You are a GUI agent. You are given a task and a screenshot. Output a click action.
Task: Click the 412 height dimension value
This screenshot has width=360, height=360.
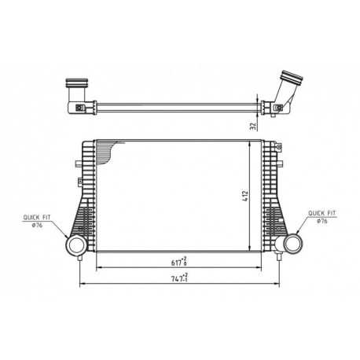(245, 196)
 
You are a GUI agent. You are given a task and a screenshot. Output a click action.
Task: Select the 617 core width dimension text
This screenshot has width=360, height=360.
(179, 262)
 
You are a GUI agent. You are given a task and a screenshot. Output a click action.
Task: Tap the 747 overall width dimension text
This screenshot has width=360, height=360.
(180, 277)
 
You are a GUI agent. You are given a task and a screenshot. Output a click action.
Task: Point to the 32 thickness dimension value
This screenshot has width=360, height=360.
(253, 126)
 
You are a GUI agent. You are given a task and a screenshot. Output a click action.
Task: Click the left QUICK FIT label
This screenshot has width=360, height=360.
(37, 218)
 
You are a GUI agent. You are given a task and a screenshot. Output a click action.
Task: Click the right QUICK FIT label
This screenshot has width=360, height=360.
(321, 213)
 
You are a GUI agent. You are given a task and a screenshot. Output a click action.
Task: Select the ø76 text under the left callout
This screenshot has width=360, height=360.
(37, 226)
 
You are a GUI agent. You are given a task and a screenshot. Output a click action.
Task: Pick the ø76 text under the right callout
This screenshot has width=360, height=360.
(322, 221)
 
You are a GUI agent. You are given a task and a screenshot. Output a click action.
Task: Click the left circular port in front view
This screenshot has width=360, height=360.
(75, 244)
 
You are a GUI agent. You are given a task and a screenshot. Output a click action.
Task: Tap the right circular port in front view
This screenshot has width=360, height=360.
(292, 244)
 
